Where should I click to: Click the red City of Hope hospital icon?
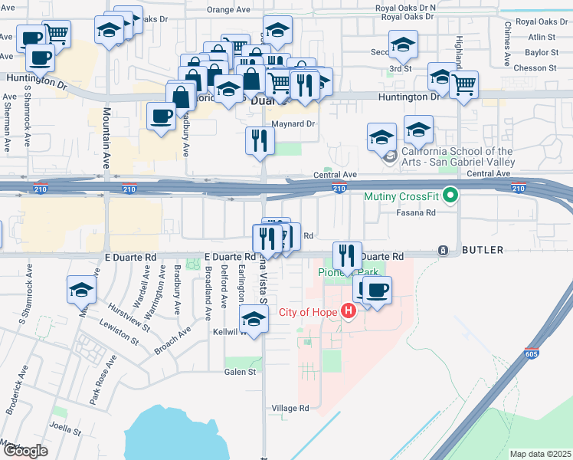pos(349,311)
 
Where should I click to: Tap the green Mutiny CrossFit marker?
pos(451,196)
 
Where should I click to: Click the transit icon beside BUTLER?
pos(443,251)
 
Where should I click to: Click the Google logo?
pos(25,451)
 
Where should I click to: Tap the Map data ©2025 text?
pos(540,454)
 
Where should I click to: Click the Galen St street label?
pos(239,372)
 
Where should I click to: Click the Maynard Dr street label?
pos(293,123)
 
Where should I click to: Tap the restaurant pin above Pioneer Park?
pos(347,255)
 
